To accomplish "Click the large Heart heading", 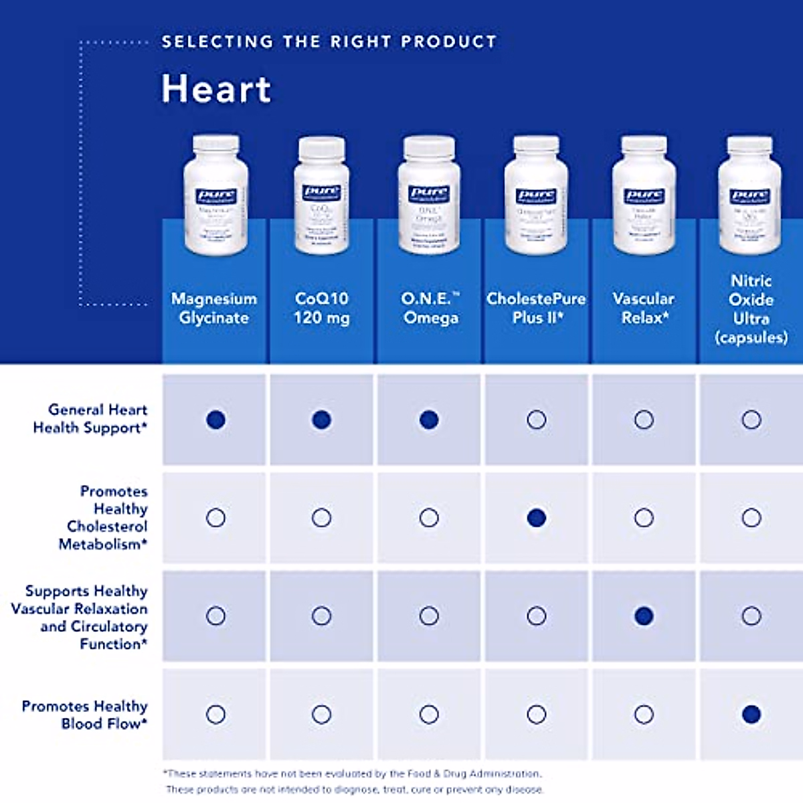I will tap(216, 89).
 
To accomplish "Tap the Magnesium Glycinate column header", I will tap(214, 308).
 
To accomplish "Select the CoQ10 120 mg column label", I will tap(321, 308).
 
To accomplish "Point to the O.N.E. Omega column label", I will tap(430, 308).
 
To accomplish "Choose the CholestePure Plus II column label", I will tap(536, 308).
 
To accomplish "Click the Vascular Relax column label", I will tap(644, 308).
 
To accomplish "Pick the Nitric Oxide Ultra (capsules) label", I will tap(751, 308).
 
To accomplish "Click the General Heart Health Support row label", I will tap(90, 418).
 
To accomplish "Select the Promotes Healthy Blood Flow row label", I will tap(85, 714).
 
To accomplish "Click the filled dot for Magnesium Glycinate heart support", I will tap(215, 420).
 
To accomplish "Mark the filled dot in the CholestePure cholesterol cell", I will tap(536, 517).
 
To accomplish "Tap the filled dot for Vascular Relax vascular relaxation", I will tap(644, 616).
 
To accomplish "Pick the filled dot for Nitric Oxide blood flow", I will tap(751, 714).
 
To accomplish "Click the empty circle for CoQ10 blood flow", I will tap(321, 714).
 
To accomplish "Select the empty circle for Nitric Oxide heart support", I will tap(751, 420).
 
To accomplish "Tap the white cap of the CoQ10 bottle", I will tap(322, 147).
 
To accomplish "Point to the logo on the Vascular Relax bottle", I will tap(644, 196).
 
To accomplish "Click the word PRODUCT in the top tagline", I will tap(448, 41).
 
